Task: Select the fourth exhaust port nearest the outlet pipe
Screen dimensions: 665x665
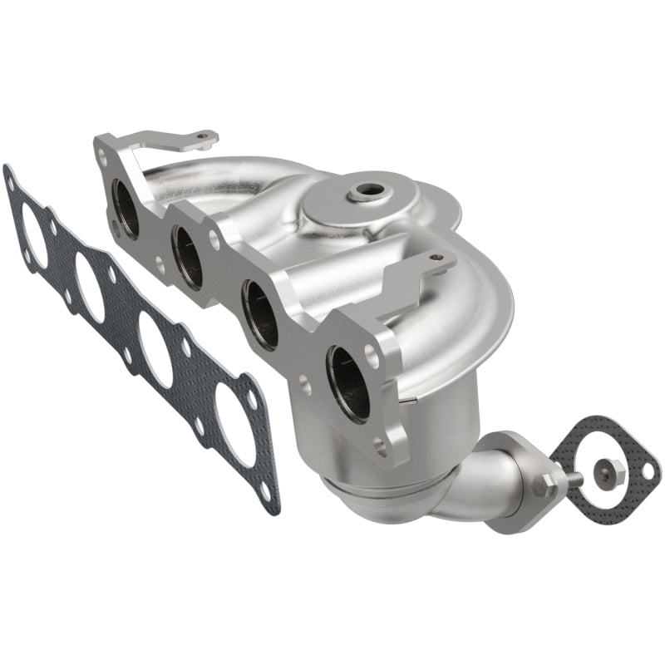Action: pyautogui.click(x=347, y=381)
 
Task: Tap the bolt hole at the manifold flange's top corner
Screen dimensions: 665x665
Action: pyautogui.click(x=101, y=153)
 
